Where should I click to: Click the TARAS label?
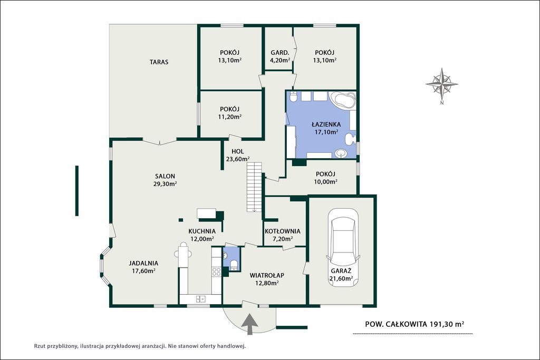[159, 62]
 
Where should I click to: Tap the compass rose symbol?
[442, 84]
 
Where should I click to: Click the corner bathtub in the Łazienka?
[342, 100]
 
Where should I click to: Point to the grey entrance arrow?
[249, 324]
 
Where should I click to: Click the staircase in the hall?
[254, 187]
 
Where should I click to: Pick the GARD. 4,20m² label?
[279, 56]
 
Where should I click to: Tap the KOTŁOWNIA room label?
[283, 231]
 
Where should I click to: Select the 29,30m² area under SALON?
[165, 183]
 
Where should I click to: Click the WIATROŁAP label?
[267, 275]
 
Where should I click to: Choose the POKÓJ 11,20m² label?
[230, 113]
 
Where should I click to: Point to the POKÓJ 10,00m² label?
[325, 178]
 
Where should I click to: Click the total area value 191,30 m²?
[447, 324]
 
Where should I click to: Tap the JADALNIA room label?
[143, 264]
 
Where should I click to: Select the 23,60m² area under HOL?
[238, 159]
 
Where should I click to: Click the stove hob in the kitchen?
[216, 272]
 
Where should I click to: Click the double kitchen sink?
[200, 299]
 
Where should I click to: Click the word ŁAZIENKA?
[326, 124]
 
